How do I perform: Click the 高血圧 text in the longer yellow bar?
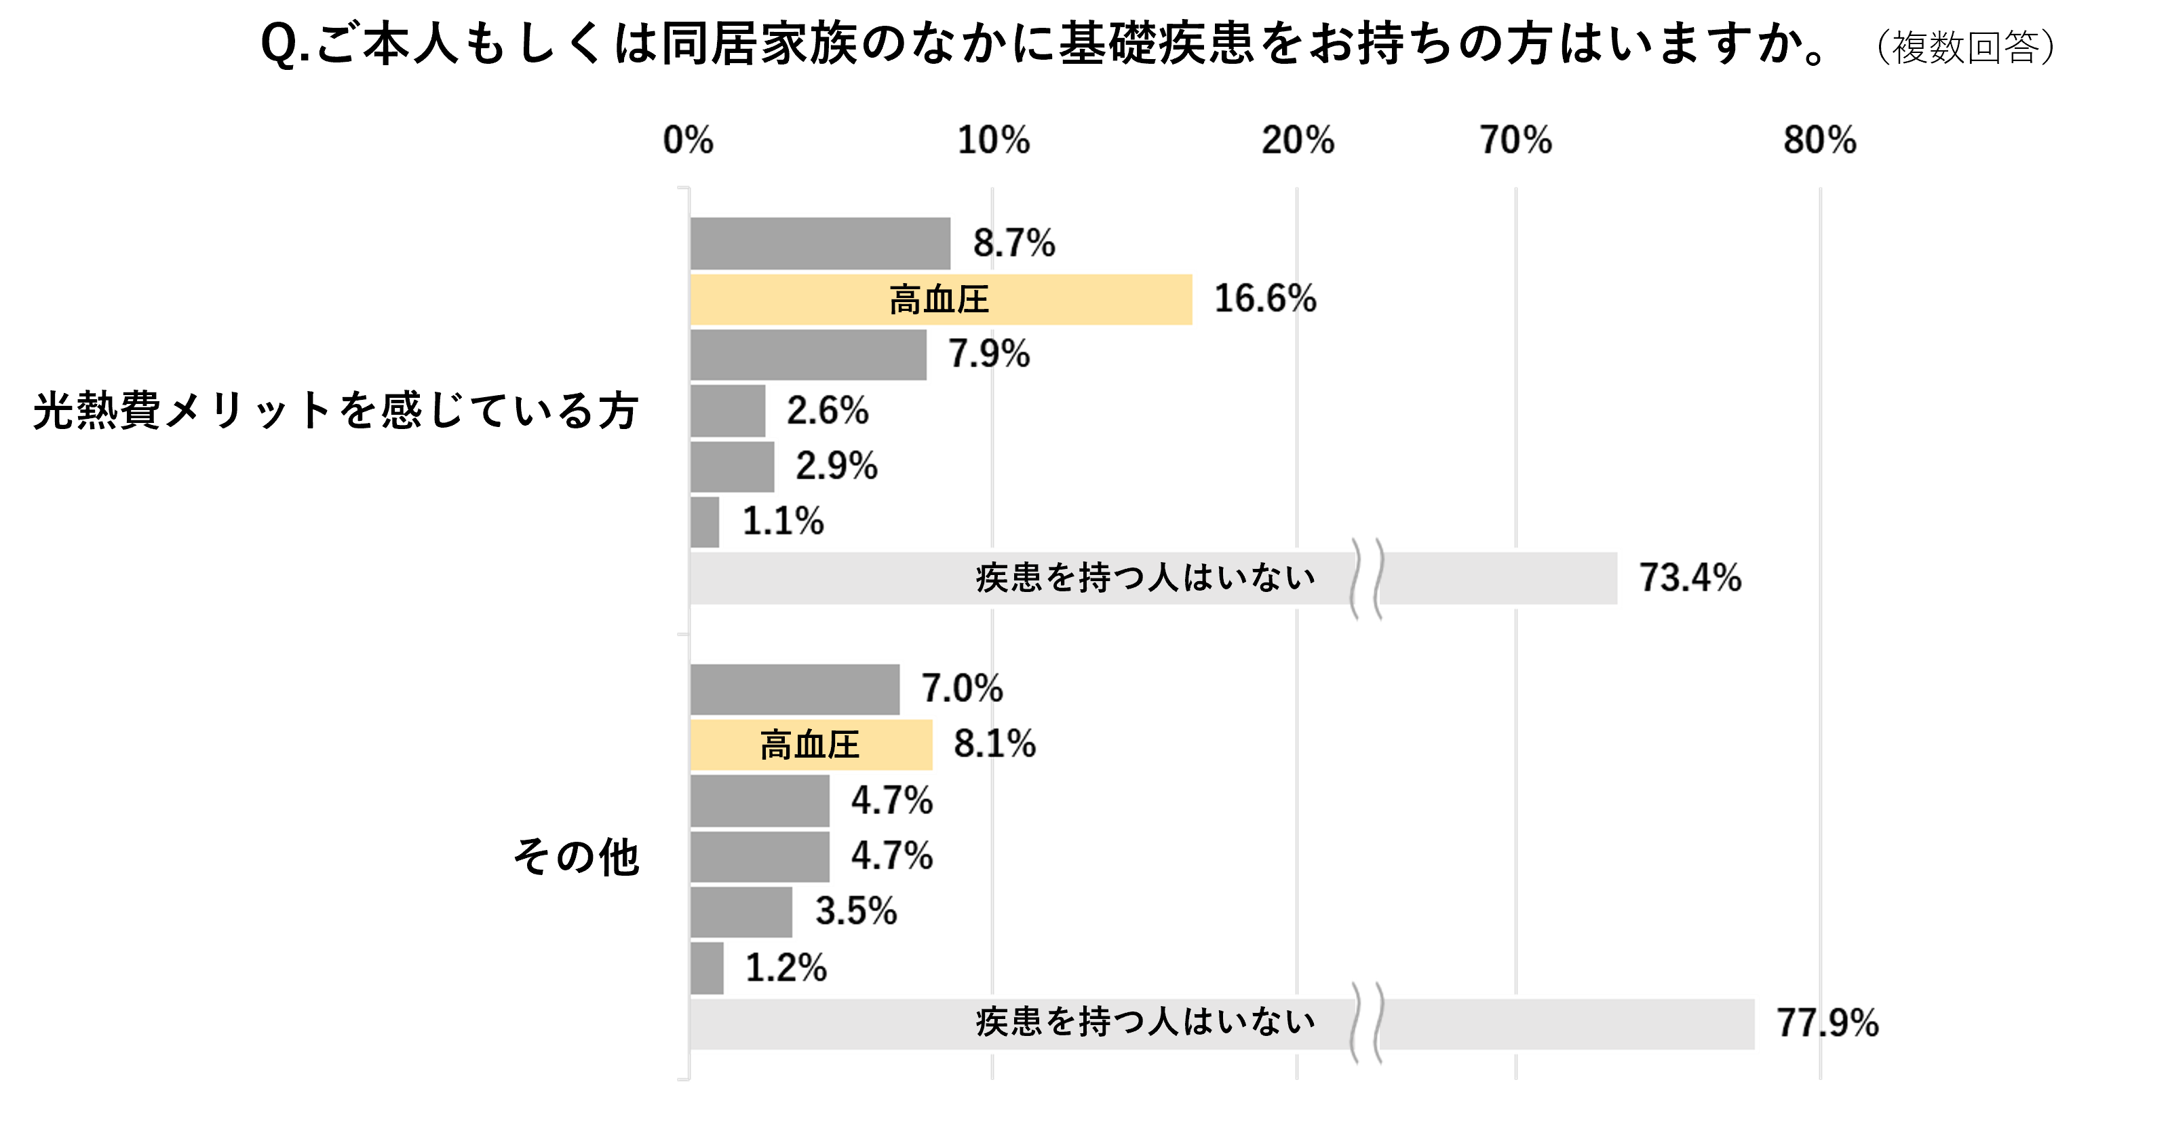tap(938, 300)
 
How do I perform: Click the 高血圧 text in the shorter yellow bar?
tap(809, 745)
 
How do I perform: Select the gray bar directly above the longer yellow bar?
tap(821, 243)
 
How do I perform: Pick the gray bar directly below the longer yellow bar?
tap(809, 356)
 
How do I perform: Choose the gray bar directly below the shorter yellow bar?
tap(760, 800)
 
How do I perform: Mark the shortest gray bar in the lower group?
tap(707, 968)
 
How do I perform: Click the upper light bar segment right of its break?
tap(1499, 579)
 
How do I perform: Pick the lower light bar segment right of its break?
tap(1567, 1024)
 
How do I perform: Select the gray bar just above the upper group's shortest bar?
tap(733, 467)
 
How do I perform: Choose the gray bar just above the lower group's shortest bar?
tap(742, 912)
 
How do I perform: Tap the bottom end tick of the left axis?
tap(684, 1078)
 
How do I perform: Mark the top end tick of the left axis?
tap(684, 188)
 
